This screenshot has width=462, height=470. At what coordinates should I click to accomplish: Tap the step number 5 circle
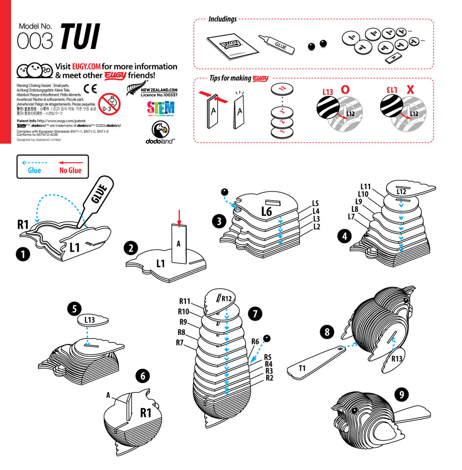click(74, 308)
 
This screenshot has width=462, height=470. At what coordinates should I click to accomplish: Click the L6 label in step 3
click(267, 212)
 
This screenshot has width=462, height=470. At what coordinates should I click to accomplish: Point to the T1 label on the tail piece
click(303, 368)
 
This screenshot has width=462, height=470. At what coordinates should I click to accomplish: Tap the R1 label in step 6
click(146, 412)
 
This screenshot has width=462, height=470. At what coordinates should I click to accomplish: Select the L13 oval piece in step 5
click(90, 320)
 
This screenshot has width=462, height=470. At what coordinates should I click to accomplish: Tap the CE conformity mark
click(90, 89)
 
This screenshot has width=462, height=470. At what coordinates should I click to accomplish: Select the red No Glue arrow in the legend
click(70, 163)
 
